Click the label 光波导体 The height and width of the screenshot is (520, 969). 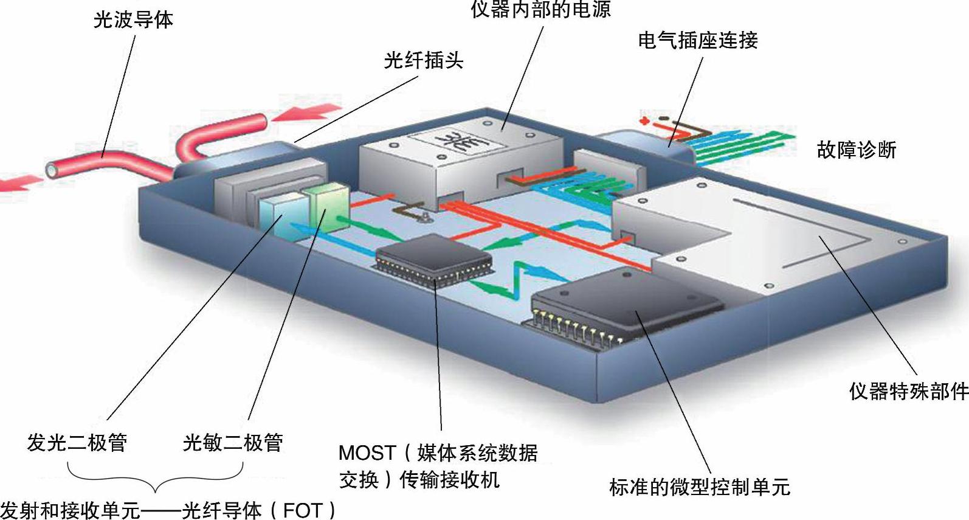click(x=133, y=19)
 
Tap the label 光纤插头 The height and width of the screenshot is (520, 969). click(x=423, y=60)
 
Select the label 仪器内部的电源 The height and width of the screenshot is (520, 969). click(x=540, y=9)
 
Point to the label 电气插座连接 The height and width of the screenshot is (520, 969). click(x=697, y=40)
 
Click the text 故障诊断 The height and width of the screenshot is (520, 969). click(x=856, y=150)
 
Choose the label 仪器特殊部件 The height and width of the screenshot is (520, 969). click(x=908, y=390)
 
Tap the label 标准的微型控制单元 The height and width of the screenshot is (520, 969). click(x=699, y=487)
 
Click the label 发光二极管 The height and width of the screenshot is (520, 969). click(x=77, y=442)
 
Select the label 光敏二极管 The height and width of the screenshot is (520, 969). click(x=233, y=442)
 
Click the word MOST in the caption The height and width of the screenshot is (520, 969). click(x=367, y=453)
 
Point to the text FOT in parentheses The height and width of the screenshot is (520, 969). click(x=302, y=510)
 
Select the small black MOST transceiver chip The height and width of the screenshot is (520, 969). click(x=433, y=255)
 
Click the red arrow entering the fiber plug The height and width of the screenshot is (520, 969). click(x=307, y=114)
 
